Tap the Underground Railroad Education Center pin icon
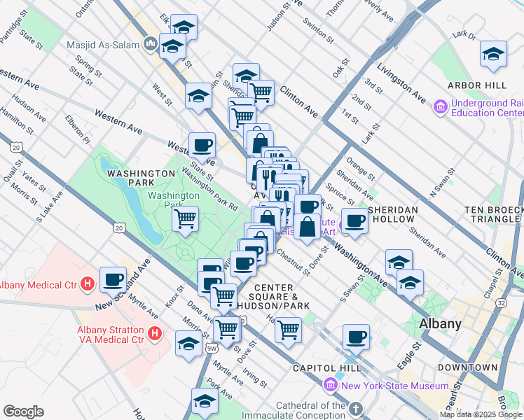pos(440,107)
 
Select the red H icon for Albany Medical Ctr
pos(88,285)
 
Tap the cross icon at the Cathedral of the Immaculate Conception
pos(356,409)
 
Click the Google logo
pos(23,412)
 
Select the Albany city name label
pos(440,323)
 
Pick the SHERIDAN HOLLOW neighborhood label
pos(393,215)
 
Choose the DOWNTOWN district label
pos(467,367)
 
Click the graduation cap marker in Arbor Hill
pos(493,55)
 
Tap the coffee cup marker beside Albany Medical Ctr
pos(113,279)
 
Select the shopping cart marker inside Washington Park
pos(186,218)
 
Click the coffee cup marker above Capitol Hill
pos(356,337)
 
